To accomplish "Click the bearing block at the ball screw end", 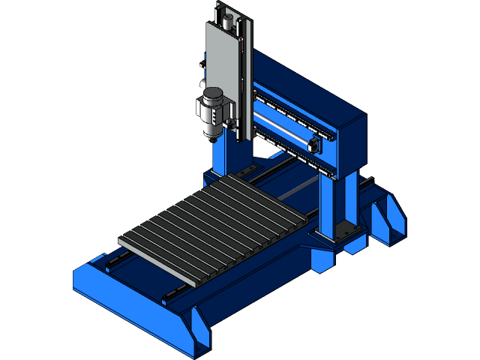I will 314,142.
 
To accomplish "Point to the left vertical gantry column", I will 223,157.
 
